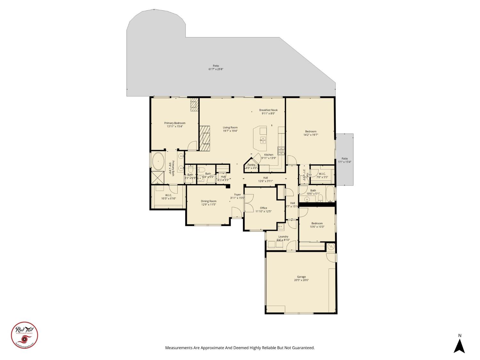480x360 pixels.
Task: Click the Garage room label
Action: [x=301, y=277]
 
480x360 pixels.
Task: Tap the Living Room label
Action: [x=230, y=127]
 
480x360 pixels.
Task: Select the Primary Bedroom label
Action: [x=175, y=123]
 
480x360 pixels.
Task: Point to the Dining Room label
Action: [x=209, y=201]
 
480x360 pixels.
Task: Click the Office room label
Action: [x=263, y=208]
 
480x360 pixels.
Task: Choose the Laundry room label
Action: [x=283, y=236]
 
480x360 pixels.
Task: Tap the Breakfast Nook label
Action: [x=268, y=110]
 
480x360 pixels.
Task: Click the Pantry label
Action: [x=251, y=165]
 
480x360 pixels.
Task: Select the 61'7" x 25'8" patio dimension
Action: [x=216, y=69]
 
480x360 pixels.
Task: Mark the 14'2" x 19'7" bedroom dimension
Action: [x=310, y=135]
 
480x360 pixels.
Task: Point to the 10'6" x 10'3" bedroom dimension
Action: [x=317, y=227]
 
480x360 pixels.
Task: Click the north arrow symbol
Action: [x=460, y=346]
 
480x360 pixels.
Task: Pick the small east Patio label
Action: [x=344, y=158]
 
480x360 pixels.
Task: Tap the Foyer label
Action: [x=237, y=195]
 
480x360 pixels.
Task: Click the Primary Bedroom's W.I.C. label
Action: [x=168, y=195]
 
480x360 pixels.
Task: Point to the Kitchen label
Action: [x=268, y=155]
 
